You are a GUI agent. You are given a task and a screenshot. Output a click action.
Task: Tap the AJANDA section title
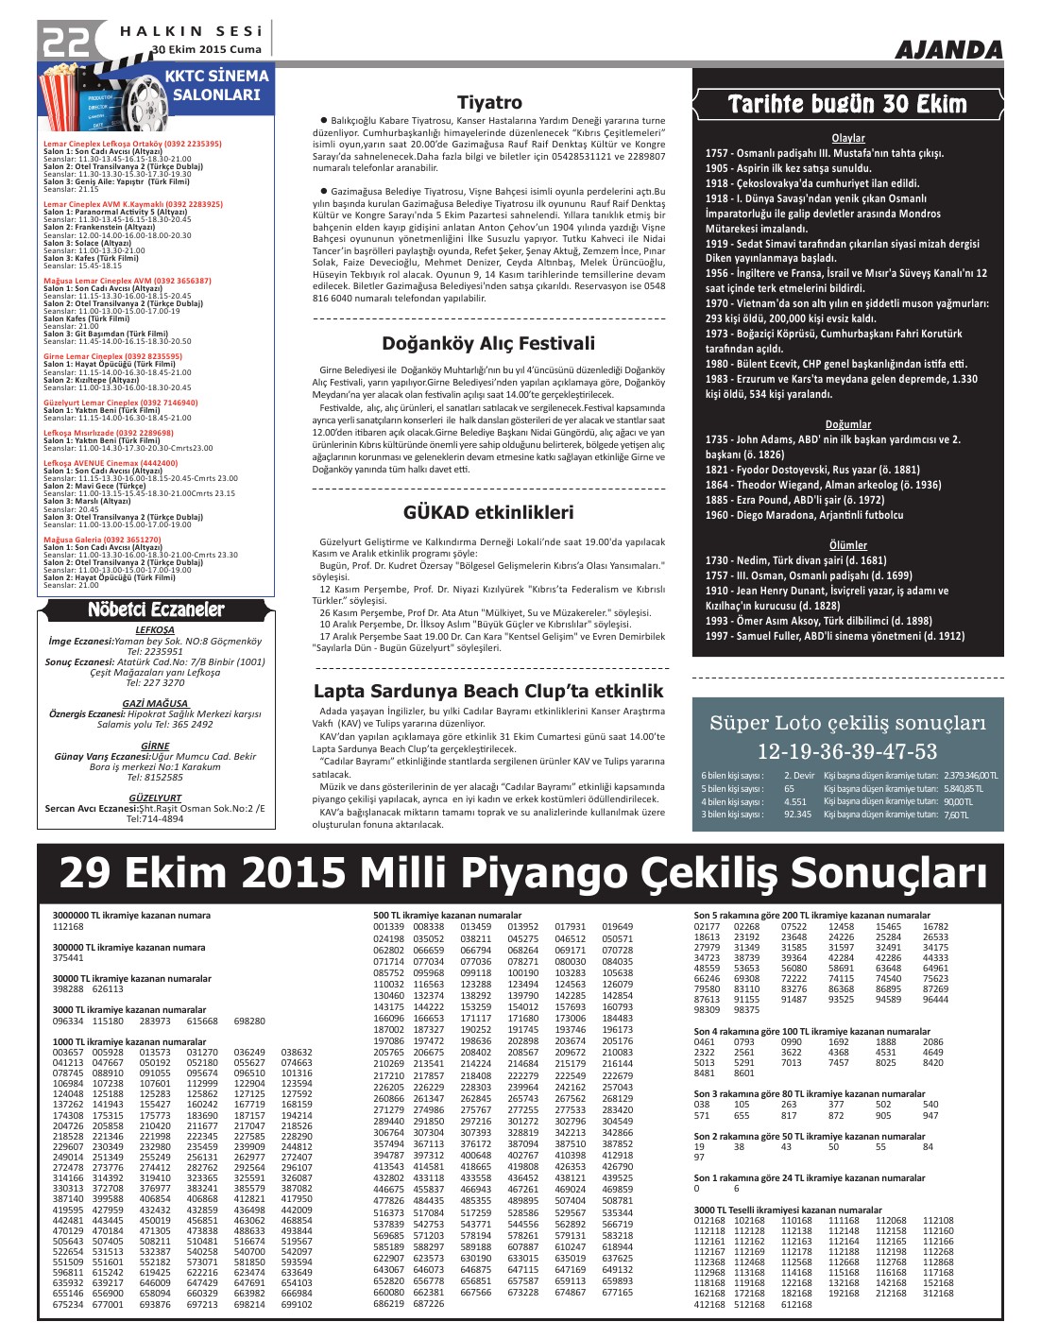pos(947,50)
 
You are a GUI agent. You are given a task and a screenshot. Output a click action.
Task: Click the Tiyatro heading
pos(489,102)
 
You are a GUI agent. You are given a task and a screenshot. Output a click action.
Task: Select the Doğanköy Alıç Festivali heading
pos(488,343)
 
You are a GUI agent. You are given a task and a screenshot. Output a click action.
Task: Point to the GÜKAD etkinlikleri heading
pos(488,512)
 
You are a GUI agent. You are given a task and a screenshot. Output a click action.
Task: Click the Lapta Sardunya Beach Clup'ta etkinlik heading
pos(488,691)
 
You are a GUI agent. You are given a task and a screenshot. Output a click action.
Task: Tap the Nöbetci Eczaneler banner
pos(156,609)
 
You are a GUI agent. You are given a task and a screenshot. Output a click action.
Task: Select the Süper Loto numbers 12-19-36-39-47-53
pos(846,751)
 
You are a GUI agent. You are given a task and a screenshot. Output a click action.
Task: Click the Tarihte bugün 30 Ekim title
pos(847,104)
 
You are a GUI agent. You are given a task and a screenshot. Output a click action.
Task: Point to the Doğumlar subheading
pos(847,424)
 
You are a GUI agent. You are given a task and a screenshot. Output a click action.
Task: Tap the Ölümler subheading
pos(847,545)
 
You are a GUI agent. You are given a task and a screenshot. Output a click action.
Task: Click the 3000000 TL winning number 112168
pos(68,927)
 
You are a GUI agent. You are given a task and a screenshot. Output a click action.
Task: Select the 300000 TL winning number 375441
pos(68,958)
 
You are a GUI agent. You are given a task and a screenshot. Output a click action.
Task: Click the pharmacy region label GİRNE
pos(156,746)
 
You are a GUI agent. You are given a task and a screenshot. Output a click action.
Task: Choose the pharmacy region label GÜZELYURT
pos(156,798)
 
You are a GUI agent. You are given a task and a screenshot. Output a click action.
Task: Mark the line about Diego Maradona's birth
pos(804,515)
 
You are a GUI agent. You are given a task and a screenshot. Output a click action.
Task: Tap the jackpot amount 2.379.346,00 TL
pos(970,776)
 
